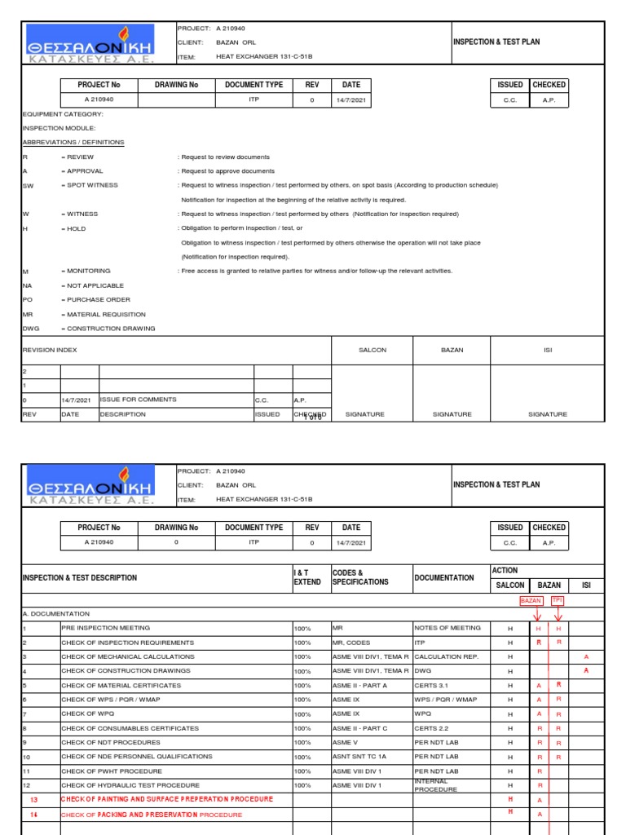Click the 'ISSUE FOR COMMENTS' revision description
coord(137,400)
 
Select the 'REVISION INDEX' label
coord(50,350)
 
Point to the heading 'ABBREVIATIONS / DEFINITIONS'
coord(73,142)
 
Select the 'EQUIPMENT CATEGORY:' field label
coord(63,114)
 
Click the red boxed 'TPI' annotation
coord(557,600)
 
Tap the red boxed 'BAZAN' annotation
coord(531,600)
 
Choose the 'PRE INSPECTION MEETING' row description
coord(105,628)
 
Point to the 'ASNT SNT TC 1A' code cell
coord(359,757)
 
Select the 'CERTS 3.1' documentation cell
coord(431,685)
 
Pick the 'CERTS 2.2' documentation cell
coord(431,728)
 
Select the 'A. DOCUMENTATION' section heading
coord(55,613)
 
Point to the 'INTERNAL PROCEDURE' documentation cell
coord(436,785)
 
